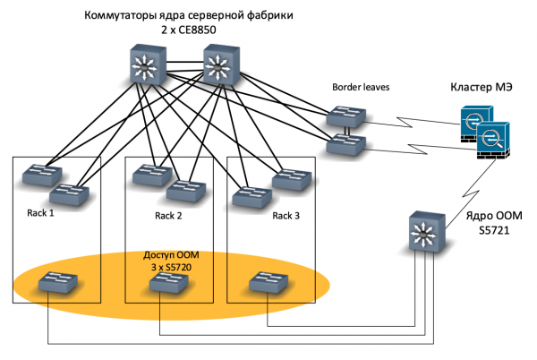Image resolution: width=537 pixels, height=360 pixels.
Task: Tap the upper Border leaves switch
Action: click(346, 117)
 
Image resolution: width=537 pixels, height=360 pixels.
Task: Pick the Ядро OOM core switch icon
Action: click(425, 232)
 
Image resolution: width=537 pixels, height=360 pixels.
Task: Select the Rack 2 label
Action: click(167, 216)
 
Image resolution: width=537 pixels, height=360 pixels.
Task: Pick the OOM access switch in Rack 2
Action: click(167, 284)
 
